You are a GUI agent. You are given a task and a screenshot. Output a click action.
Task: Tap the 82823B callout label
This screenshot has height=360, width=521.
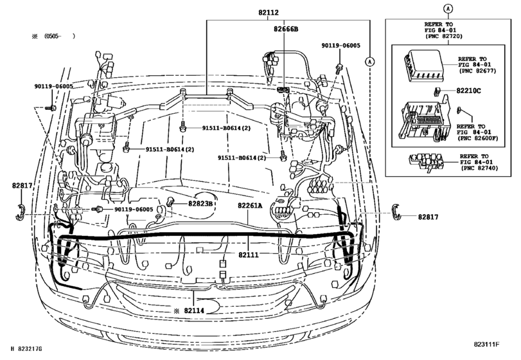coord(200,204)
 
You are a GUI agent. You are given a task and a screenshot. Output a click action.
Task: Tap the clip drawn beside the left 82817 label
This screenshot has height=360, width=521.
coord(20,210)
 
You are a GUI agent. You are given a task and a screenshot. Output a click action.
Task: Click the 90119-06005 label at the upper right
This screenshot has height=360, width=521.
coord(341,46)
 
